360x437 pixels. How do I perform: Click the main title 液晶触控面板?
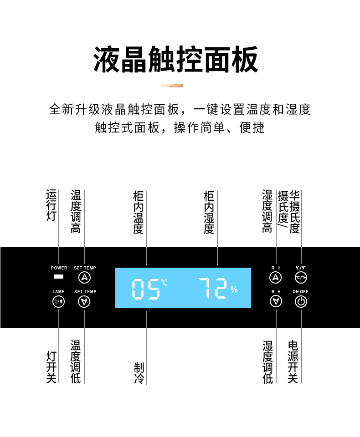pyautogui.click(x=176, y=60)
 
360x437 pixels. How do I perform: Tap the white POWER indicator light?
pyautogui.click(x=58, y=277)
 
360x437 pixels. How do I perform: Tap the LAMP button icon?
pyautogui.click(x=59, y=301)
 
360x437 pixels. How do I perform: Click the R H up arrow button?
pyautogui.click(x=276, y=277)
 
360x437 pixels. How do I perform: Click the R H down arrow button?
pyautogui.click(x=276, y=301)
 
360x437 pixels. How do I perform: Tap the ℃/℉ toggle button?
pyautogui.click(x=301, y=277)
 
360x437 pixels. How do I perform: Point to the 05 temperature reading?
pyautogui.click(x=146, y=289)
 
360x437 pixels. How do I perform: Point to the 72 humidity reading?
pyautogui.click(x=212, y=289)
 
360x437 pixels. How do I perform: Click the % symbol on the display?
pyautogui.click(x=234, y=290)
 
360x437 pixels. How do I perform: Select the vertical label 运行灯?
pyautogui.click(x=51, y=206)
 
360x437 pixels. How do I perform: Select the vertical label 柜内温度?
pyautogui.click(x=139, y=213)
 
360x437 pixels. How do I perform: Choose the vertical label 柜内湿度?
pyautogui.click(x=209, y=213)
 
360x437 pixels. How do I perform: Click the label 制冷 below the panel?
pyautogui.click(x=139, y=373)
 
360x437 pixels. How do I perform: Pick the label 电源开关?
pyautogui.click(x=293, y=362)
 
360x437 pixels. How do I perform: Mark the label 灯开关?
pyautogui.click(x=51, y=366)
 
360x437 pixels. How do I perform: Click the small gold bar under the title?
pyautogui.click(x=173, y=86)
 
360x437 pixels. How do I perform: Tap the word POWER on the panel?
pyautogui.click(x=59, y=268)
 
